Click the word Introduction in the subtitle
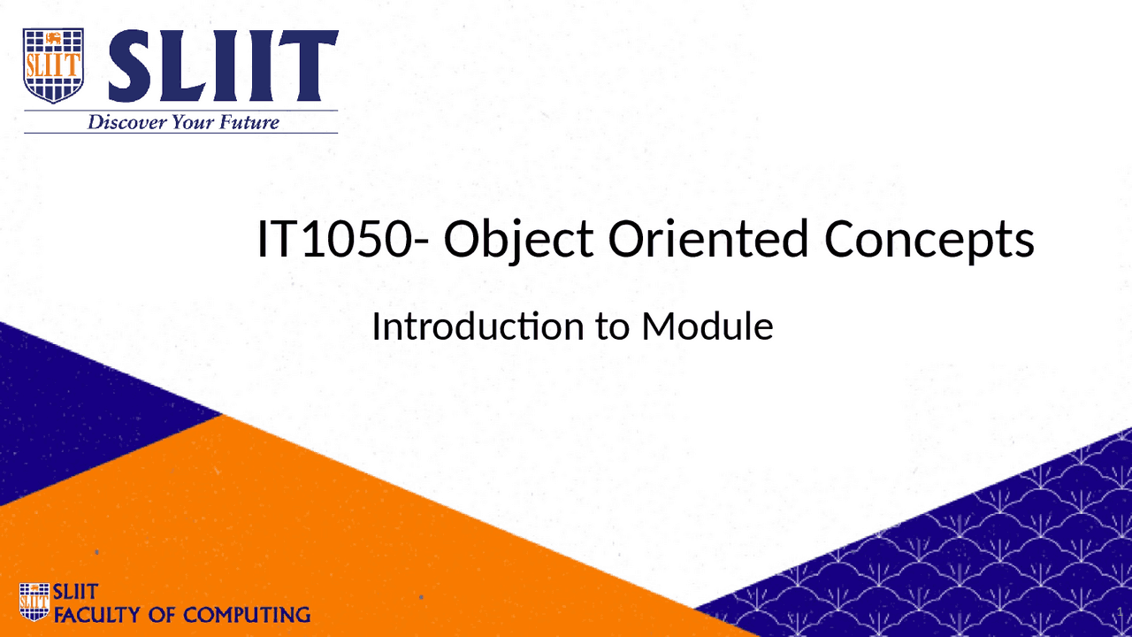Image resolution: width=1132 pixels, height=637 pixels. pyautogui.click(x=474, y=326)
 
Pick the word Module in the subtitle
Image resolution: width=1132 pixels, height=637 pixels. pyautogui.click(x=707, y=326)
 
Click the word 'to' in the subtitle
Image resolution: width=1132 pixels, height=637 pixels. pyautogui.click(x=612, y=327)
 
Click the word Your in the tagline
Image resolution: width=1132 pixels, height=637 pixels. pyautogui.click(x=193, y=122)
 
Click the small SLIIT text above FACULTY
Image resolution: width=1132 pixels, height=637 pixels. pyautogui.click(x=76, y=592)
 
